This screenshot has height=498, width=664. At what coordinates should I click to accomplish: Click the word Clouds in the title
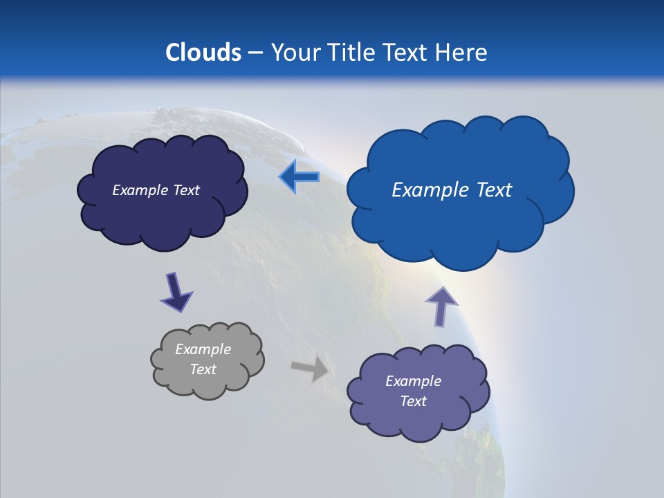tap(203, 53)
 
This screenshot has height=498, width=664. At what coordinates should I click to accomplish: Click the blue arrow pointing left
tap(299, 177)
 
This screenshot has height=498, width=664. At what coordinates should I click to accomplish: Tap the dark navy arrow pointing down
tap(176, 293)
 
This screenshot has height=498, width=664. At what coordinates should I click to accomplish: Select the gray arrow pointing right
tap(311, 369)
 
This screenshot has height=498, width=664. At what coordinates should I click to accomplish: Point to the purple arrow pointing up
tap(441, 306)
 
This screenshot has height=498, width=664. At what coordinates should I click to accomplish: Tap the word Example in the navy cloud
tap(140, 190)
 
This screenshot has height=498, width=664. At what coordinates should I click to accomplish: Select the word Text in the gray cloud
tap(203, 369)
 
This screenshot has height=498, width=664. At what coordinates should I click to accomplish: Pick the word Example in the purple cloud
tap(413, 381)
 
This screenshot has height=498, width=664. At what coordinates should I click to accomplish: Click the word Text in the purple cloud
tap(413, 401)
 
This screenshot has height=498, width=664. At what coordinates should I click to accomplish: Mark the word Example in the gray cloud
tap(203, 349)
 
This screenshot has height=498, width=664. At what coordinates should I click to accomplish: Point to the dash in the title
tap(255, 53)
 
